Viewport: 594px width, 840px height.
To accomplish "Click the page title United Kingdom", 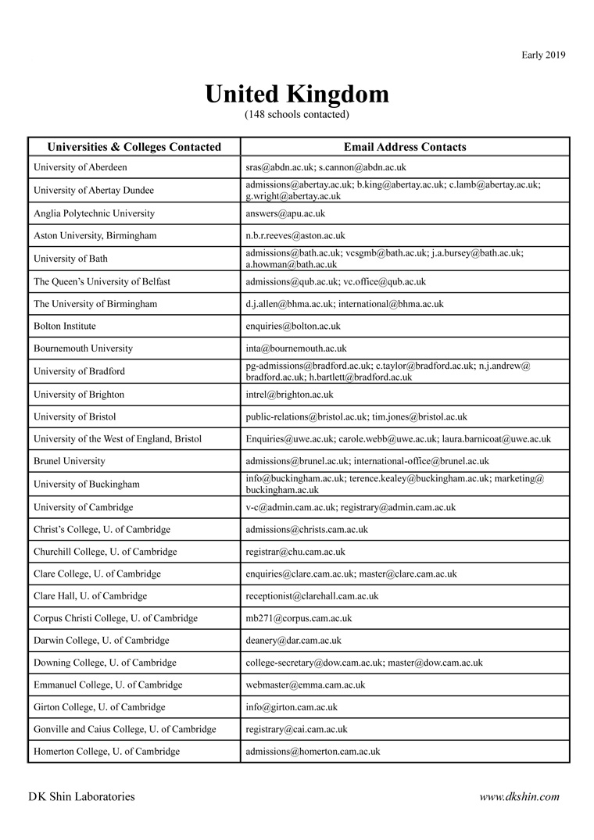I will point(296,95).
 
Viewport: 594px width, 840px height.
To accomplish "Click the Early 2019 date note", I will point(543,55).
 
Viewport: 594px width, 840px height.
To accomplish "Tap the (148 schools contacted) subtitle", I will point(296,115).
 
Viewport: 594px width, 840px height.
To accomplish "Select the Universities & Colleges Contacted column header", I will point(134,147).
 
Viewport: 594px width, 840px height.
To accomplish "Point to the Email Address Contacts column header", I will point(405,147).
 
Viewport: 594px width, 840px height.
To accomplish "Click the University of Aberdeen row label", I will point(81,167).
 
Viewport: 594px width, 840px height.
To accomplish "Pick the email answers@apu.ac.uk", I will point(285,213).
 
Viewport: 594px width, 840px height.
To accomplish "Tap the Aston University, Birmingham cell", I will point(95,235).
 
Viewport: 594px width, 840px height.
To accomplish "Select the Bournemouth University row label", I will point(83,349).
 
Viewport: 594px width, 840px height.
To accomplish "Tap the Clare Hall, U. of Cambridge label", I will point(90,596).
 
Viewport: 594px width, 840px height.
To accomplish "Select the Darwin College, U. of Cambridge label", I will point(101,641).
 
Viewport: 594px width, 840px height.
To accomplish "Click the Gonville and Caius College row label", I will point(124,730).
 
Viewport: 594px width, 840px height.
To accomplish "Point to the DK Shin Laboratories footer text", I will point(81,797).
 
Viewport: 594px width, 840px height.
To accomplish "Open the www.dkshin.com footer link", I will point(519,797).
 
